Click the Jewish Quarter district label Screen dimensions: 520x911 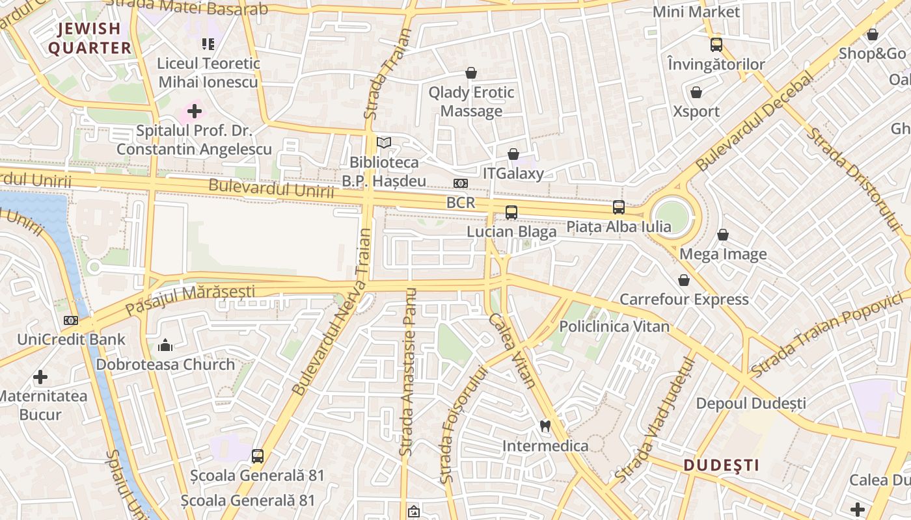90,38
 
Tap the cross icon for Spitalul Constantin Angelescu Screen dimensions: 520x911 194,111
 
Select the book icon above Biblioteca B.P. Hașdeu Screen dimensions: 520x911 384,142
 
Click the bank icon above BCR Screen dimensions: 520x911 461,183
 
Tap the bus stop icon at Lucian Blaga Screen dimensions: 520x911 511,212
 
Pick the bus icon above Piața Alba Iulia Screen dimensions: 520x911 618,207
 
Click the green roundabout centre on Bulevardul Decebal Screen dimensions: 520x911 672,216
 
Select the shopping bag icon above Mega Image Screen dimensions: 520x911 723,235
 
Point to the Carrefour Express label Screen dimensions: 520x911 684,300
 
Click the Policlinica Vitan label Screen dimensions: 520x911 614,326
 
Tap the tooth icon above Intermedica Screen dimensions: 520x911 545,426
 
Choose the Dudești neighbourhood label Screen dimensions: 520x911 722,465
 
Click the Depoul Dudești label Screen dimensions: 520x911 751,404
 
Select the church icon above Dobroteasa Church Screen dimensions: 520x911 165,344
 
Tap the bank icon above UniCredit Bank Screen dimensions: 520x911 71,320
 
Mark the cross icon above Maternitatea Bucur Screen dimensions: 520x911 40,377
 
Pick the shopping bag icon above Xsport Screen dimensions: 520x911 696,92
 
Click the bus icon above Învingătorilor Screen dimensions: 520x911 716,45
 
